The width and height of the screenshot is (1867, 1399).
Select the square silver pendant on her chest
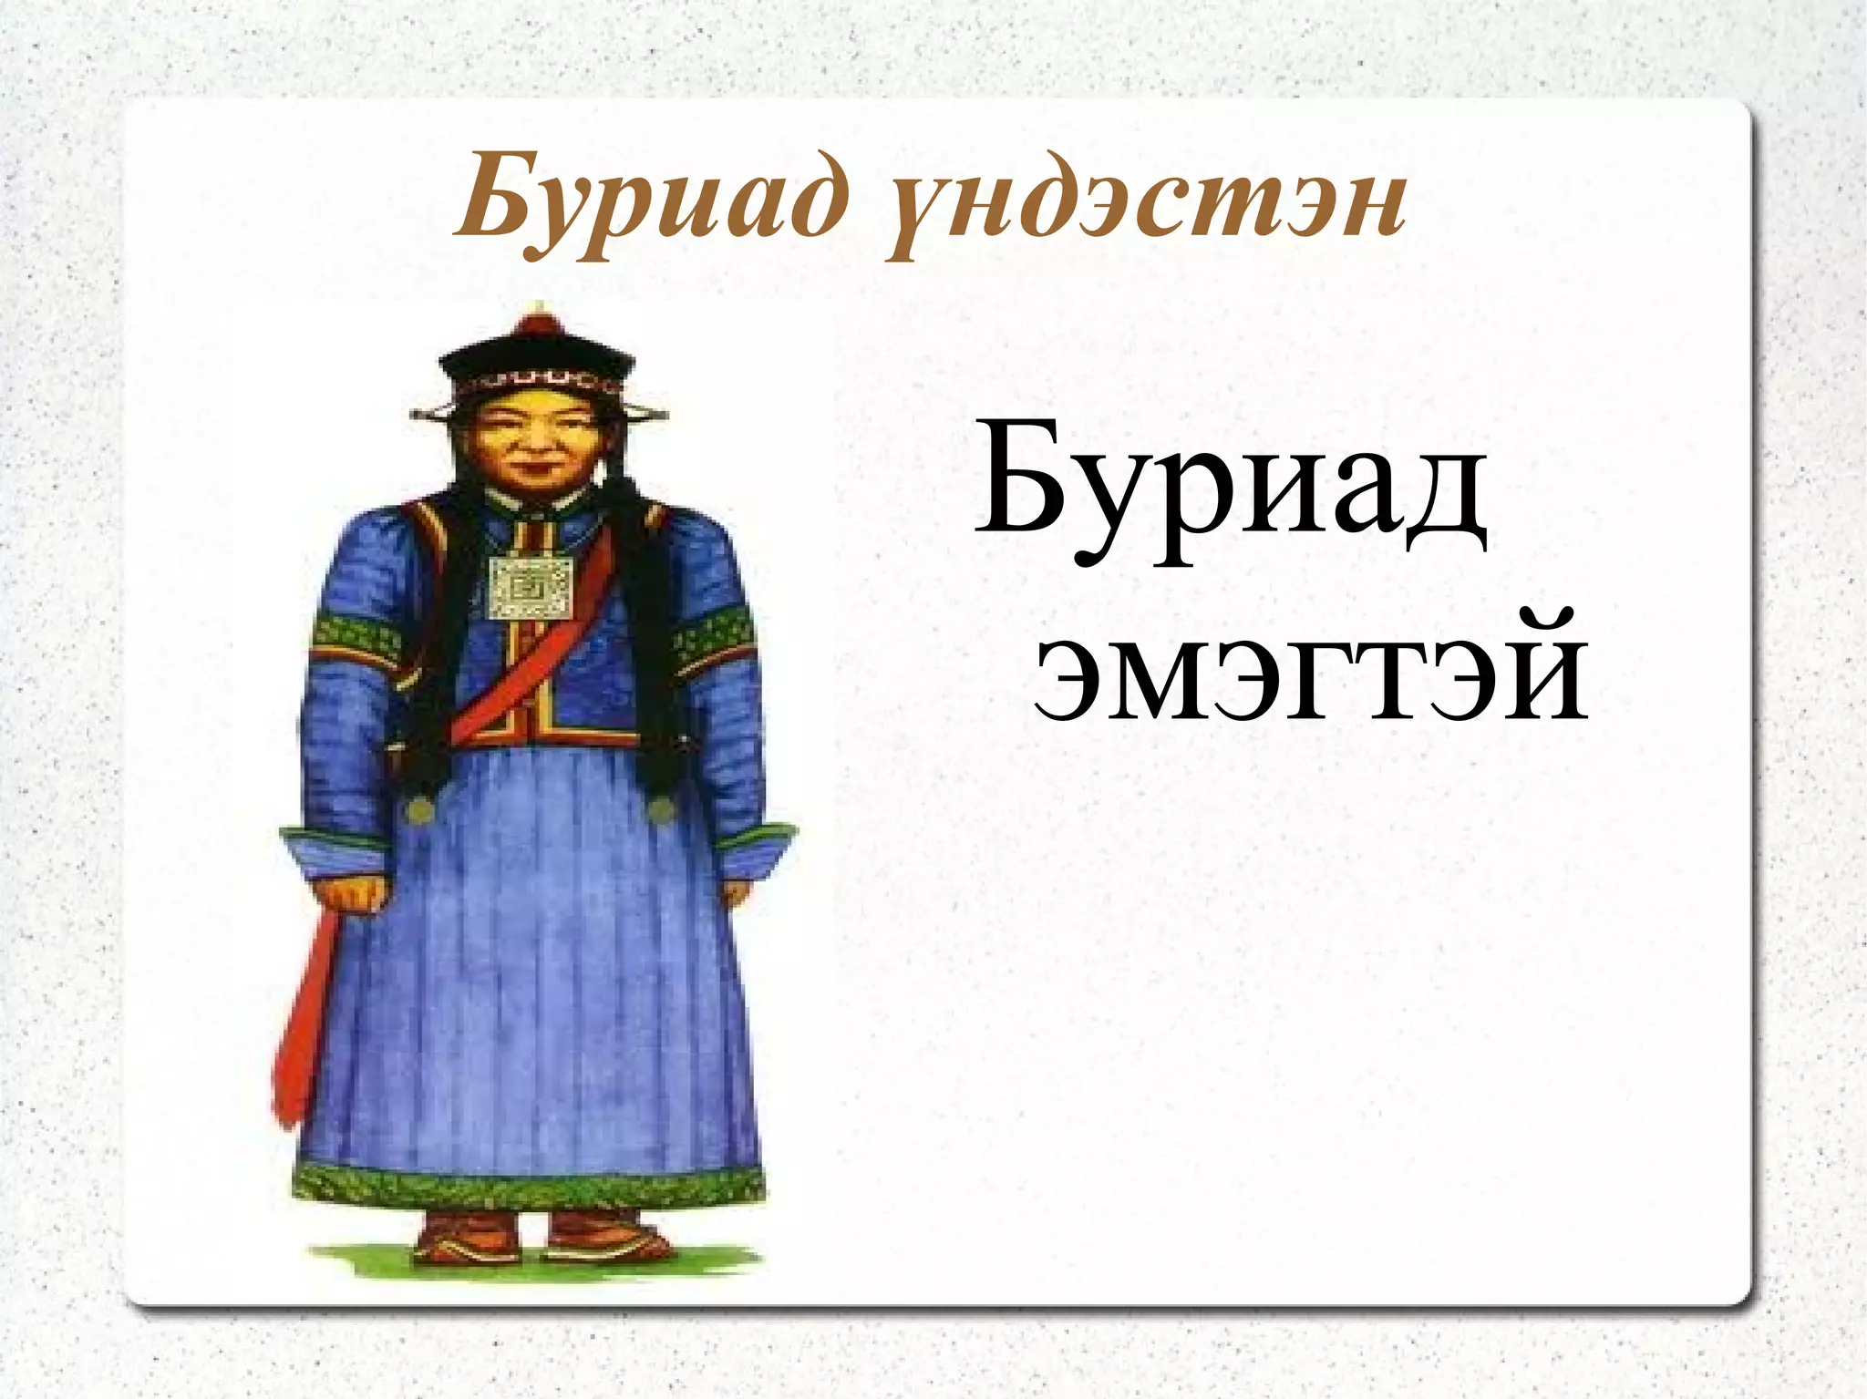531,588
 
